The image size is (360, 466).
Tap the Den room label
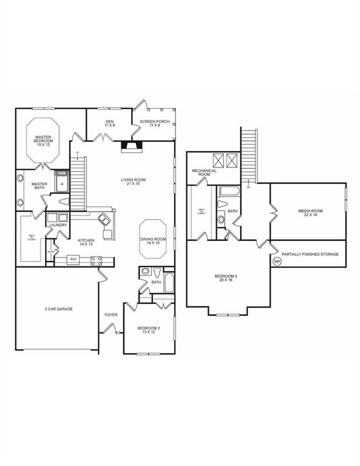109,124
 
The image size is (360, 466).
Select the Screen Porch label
152,124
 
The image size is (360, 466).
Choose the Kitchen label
86,243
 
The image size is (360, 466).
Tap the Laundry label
58,226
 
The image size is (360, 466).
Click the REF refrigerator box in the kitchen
73,260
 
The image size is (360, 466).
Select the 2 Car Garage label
59,309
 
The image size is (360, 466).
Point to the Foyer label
110,315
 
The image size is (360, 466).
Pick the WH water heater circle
277,262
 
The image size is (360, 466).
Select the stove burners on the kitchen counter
96,261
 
